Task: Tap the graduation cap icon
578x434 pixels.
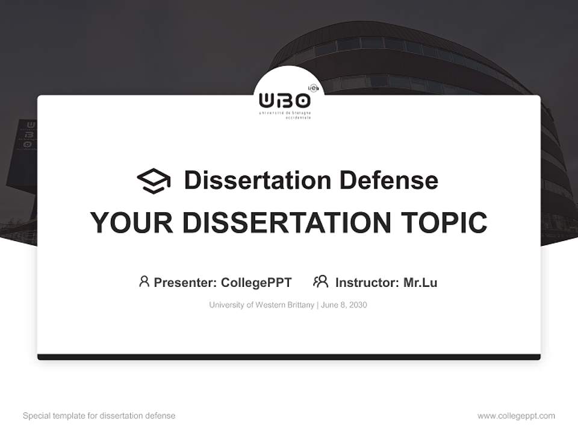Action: pos(154,181)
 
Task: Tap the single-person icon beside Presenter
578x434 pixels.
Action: pos(144,281)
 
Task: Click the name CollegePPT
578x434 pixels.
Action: pos(256,283)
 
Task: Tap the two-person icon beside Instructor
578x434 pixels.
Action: pos(320,281)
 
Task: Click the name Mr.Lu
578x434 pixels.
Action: pos(420,283)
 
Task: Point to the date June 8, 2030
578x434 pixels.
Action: pos(344,305)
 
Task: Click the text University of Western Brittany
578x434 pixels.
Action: pos(261,305)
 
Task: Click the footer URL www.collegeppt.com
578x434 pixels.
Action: pos(516,416)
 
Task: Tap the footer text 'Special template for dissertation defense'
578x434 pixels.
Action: pos(99,416)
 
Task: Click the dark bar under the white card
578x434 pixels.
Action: pos(289,357)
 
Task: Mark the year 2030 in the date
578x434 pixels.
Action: pos(358,305)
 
